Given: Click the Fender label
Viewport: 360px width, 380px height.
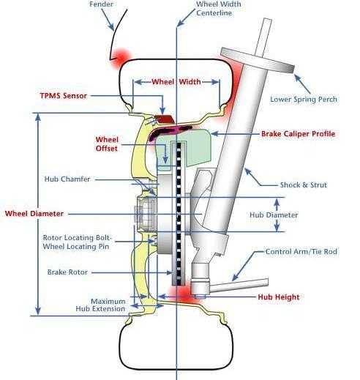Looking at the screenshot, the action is (101, 4).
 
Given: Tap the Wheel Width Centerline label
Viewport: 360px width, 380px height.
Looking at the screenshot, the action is (219, 8).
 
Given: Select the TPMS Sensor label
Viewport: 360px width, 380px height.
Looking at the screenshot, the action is (64, 96).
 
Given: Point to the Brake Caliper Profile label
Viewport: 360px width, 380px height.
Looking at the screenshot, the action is (299, 134).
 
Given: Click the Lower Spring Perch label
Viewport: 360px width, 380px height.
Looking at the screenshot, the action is (304, 100).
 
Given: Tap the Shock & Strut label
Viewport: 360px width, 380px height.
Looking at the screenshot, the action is (304, 185).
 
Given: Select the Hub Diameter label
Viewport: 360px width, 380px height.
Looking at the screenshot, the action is (274, 215).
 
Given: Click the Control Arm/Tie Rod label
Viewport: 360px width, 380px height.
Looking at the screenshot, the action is (301, 251).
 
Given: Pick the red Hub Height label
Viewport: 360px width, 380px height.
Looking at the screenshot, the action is (279, 297).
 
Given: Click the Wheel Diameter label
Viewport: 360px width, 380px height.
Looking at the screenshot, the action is (34, 214).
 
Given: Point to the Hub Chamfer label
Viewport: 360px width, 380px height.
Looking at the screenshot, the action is (67, 179).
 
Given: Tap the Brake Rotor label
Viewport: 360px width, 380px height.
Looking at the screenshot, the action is (67, 272).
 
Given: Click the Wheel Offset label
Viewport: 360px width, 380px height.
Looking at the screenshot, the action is (107, 144).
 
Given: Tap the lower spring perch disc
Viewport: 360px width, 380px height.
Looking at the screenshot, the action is (258, 60).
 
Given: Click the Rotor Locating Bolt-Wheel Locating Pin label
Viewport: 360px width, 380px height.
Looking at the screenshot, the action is (77, 242).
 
